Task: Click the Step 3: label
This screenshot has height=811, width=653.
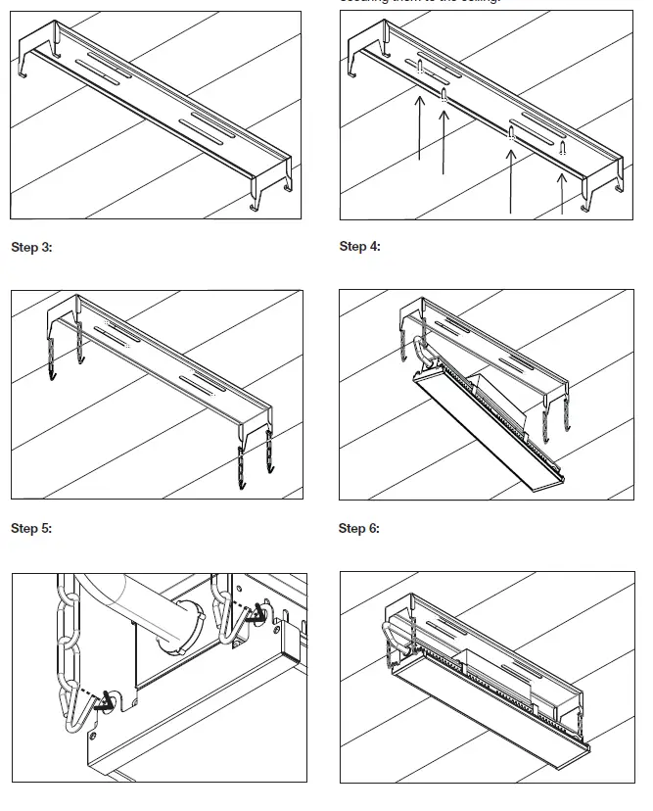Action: tap(31, 247)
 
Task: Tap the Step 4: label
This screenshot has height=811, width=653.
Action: tap(359, 246)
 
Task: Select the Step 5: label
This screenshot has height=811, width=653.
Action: tap(31, 528)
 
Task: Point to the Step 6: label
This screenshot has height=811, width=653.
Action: tap(359, 528)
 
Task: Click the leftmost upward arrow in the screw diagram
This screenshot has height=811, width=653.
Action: tap(419, 127)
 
